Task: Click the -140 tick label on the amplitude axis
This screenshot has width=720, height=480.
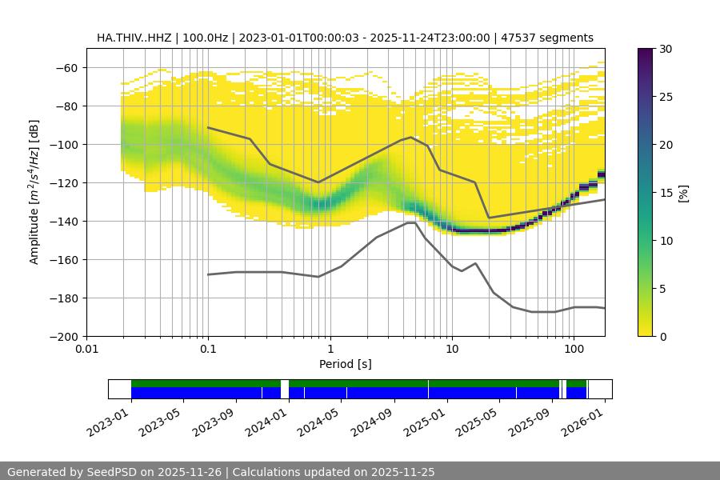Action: [65, 221]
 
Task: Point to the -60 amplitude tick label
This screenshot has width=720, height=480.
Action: [67, 67]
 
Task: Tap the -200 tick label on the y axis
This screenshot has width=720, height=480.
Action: [65, 336]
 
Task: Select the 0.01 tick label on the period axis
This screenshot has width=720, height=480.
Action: [86, 348]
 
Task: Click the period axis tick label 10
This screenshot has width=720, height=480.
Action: [451, 348]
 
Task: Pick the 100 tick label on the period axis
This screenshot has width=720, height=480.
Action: [573, 348]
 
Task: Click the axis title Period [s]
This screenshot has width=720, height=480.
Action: [345, 364]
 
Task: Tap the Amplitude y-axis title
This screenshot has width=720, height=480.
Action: [34, 192]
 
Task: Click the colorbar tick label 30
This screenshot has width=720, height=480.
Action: [665, 49]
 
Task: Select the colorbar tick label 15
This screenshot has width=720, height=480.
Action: [665, 193]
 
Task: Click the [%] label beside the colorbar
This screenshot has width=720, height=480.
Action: [683, 193]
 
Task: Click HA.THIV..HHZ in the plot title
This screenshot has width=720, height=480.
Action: [134, 38]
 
